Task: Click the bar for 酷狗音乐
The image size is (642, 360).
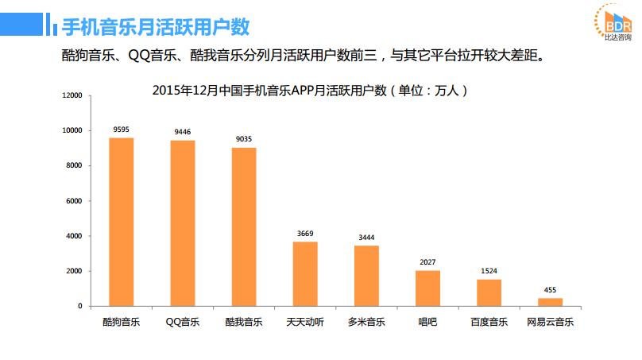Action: pos(121,222)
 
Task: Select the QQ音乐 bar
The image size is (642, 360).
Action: pos(182,223)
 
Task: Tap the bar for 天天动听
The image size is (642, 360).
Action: pos(305,273)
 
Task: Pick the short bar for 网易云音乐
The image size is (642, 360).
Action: pos(550,302)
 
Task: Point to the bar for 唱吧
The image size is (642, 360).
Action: pos(427,288)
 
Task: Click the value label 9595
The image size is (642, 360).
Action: pos(122,128)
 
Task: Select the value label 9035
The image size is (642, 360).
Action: pos(244,138)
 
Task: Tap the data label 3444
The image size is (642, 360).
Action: pos(366,237)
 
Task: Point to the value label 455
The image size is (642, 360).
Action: pos(550,289)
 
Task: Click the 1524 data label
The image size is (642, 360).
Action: pos(489,271)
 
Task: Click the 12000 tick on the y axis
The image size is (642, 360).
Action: pos(72,95)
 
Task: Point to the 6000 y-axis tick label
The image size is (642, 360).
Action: pos(74,201)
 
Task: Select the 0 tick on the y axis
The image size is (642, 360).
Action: pos(79,306)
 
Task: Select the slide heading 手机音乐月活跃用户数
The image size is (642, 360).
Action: pos(156,27)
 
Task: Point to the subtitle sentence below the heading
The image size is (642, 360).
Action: pos(307,57)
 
